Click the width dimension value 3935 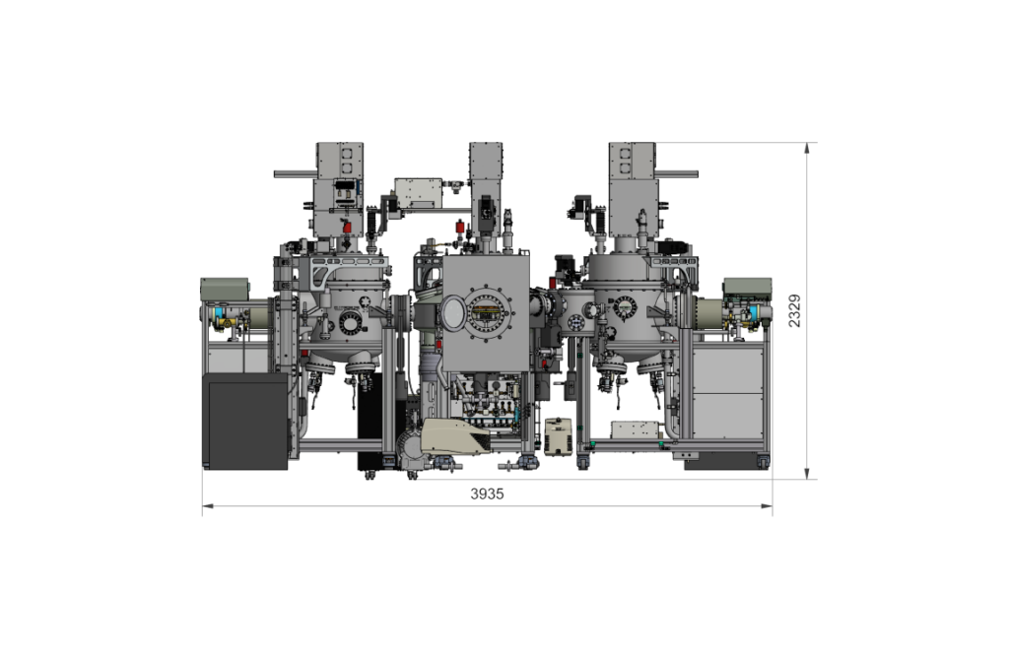pyautogui.click(x=487, y=493)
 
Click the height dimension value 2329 pyautogui.click(x=795, y=310)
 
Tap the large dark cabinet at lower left pyautogui.click(x=245, y=422)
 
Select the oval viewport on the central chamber pyautogui.click(x=453, y=312)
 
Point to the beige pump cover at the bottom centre pyautogui.click(x=454, y=436)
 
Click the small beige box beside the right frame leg pyautogui.click(x=558, y=436)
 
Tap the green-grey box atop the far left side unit pyautogui.click(x=225, y=289)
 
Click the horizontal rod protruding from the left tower pyautogui.click(x=296, y=174)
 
